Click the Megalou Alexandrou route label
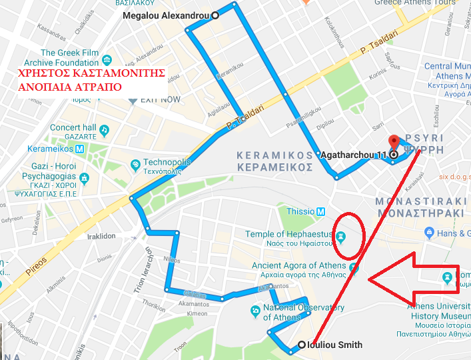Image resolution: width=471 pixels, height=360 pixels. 167,15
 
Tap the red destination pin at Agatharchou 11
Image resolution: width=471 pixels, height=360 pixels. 394,143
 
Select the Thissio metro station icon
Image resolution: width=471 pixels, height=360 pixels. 321,211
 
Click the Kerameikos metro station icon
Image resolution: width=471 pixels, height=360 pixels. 79,149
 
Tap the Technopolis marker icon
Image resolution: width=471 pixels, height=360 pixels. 135,163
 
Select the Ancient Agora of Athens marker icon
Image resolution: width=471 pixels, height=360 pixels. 354,269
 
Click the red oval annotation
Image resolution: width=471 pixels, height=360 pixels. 348,235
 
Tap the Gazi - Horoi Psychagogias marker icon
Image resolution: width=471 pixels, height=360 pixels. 84,178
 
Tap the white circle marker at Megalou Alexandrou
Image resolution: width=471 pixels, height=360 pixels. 215,15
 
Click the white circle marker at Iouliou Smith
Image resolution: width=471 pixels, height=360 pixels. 301,345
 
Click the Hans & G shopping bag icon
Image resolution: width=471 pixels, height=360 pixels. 430,233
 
